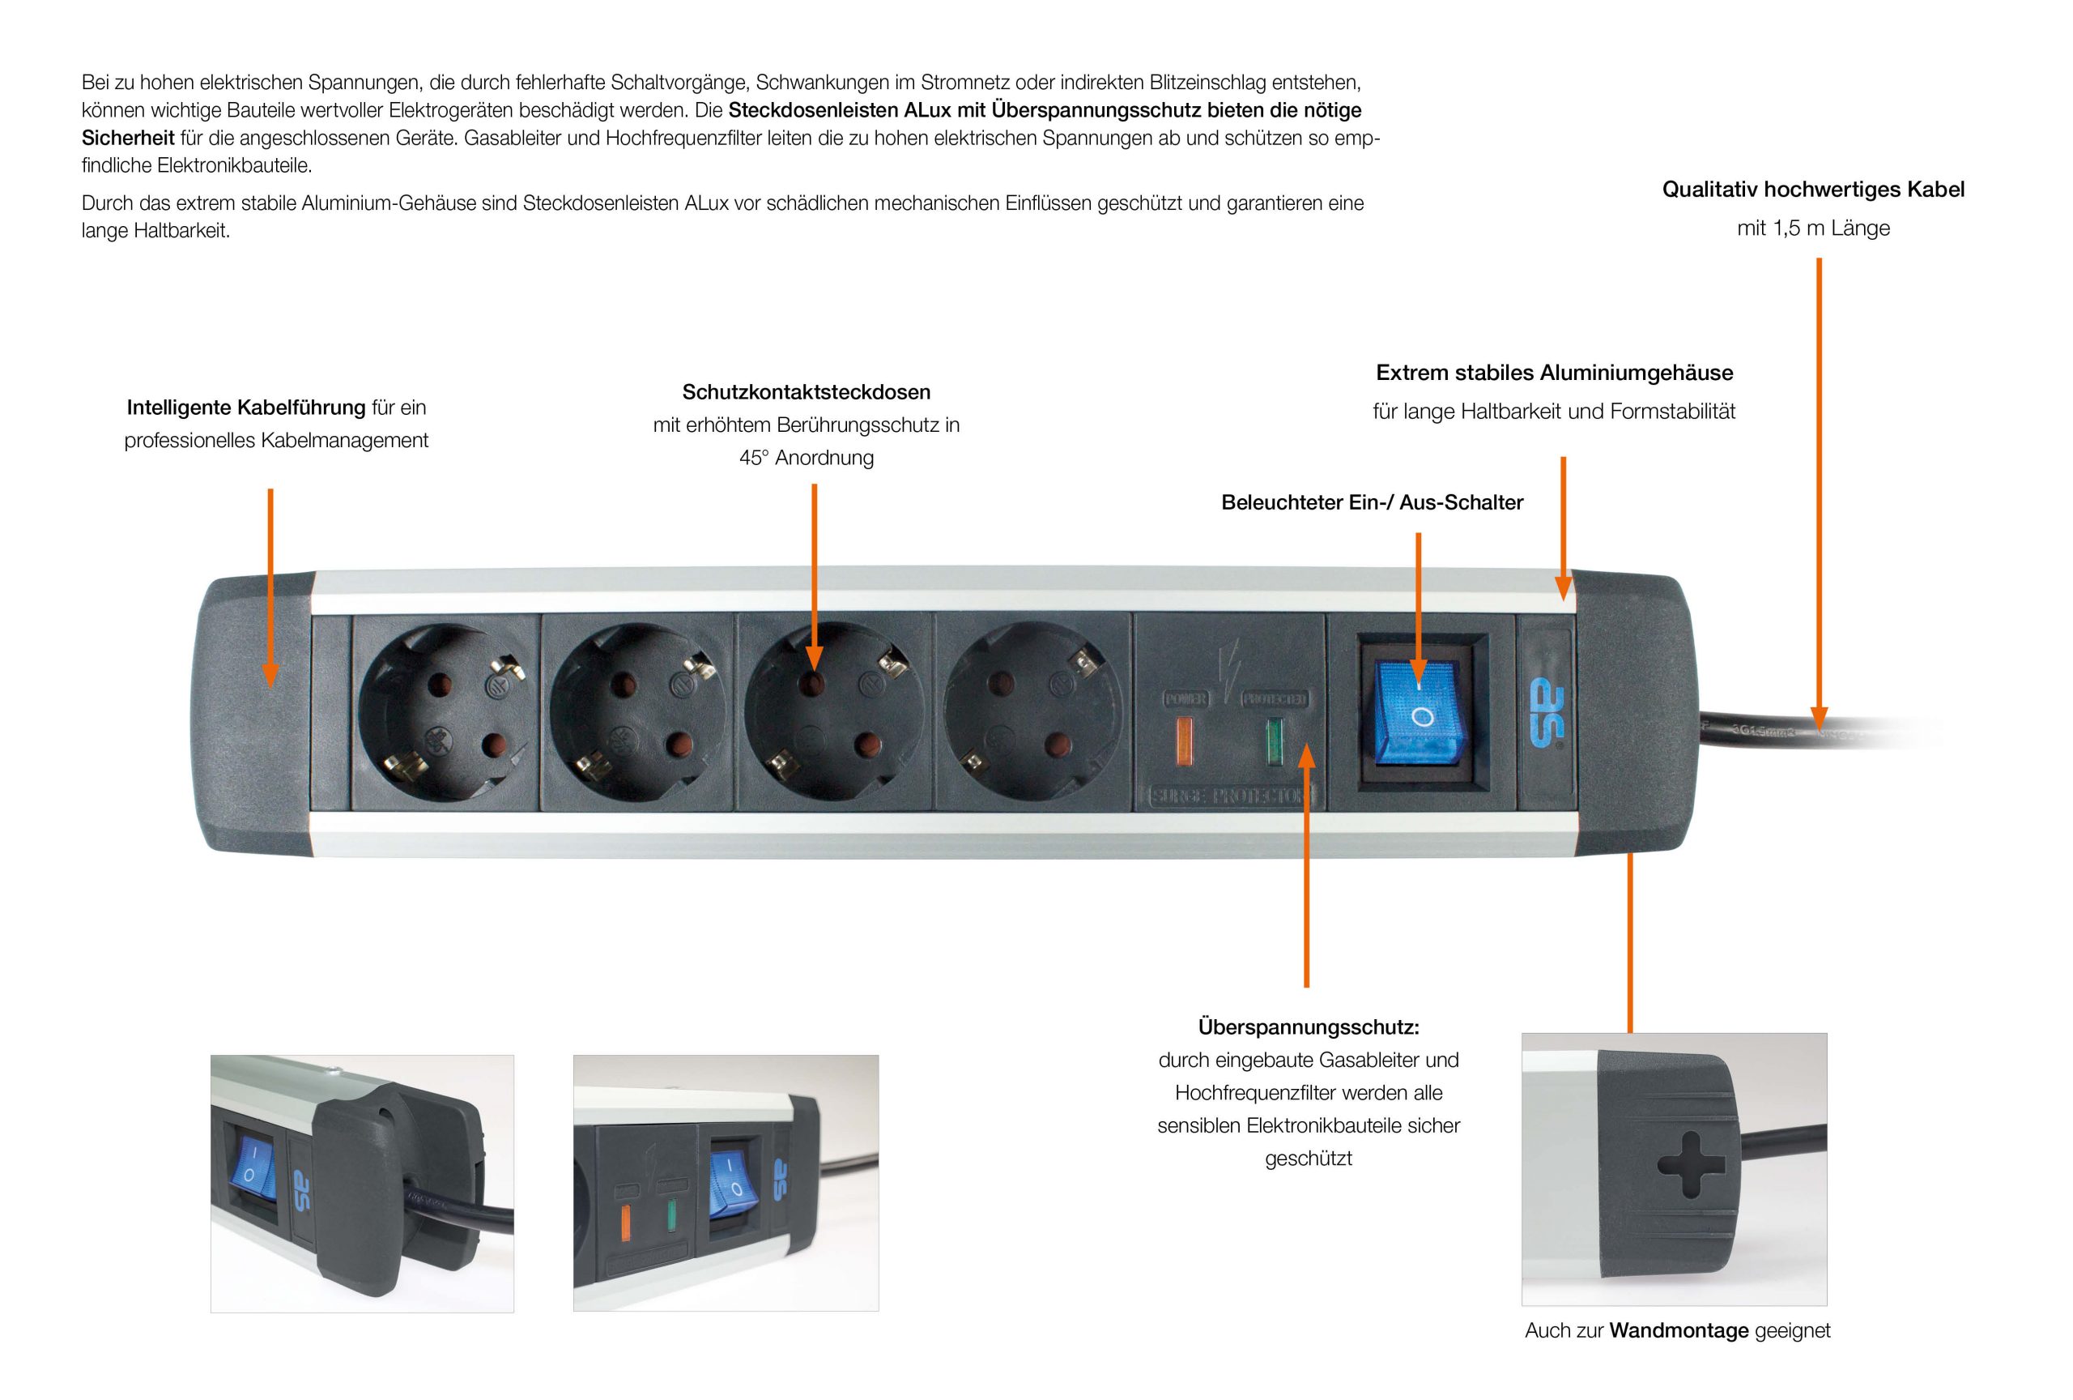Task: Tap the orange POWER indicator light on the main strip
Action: click(1185, 741)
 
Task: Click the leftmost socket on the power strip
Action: click(446, 712)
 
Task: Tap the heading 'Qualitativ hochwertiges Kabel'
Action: click(1812, 189)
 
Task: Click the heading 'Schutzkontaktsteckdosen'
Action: click(806, 391)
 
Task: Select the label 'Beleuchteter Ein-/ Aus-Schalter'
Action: click(1372, 502)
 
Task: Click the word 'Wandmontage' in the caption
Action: click(1678, 1330)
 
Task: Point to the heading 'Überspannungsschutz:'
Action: click(1308, 1027)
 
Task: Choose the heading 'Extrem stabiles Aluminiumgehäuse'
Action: click(1554, 372)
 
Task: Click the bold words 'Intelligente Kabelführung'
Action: click(245, 407)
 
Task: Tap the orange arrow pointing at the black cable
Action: click(1819, 500)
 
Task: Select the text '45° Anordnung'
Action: click(806, 458)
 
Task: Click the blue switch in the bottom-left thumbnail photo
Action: click(247, 1166)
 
